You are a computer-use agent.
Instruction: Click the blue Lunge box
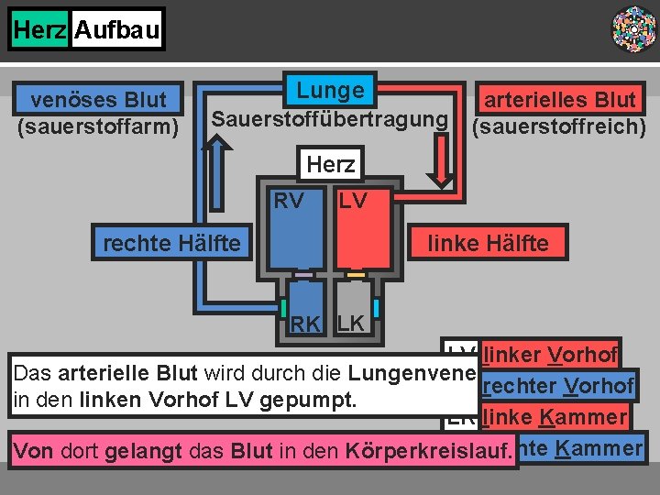point(330,91)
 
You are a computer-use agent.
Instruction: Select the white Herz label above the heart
point(330,164)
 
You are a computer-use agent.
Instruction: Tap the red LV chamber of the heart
point(362,234)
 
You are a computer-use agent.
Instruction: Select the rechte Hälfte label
point(172,244)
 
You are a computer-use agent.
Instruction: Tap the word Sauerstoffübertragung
point(330,119)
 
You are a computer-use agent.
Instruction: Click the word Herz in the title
point(39,30)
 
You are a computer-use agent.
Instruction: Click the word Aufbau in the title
point(116,30)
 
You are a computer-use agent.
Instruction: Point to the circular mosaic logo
point(633,28)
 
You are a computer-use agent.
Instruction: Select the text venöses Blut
point(99,99)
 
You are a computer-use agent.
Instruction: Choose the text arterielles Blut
point(559,99)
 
